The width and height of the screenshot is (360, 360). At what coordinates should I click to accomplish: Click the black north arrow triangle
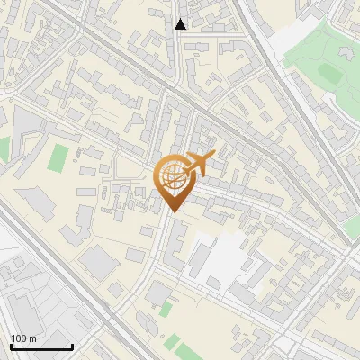coord(181,24)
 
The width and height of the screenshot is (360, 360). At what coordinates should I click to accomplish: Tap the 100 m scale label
coord(23,338)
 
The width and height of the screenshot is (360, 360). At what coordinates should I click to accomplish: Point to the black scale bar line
coord(41,346)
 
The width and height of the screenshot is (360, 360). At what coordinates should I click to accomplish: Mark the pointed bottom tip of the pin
coord(172,211)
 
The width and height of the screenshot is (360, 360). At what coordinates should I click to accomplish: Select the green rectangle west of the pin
coord(58,158)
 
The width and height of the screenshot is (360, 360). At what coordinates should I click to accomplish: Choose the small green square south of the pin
coord(166,309)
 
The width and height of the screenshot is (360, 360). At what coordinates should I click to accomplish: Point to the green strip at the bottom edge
coord(180,344)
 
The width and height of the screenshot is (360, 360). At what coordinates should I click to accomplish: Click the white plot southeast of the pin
coord(220,261)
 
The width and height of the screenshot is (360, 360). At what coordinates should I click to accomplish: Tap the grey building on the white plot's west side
coord(199,259)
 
